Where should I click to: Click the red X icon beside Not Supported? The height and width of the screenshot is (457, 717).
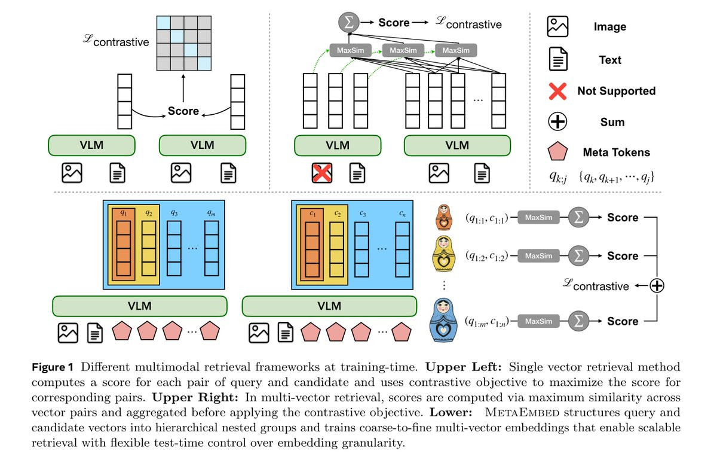coord(557,91)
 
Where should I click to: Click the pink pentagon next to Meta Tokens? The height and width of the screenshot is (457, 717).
coord(557,153)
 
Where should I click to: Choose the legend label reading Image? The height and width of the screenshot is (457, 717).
coord(609,27)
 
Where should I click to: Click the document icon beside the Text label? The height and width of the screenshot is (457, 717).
coord(557,60)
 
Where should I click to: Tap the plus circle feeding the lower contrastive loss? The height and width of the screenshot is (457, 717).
coord(657,286)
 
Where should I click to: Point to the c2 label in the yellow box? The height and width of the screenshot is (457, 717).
coord(338,214)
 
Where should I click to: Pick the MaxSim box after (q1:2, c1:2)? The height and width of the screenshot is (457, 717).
coord(538,256)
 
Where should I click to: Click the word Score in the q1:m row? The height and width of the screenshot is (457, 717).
coord(623,321)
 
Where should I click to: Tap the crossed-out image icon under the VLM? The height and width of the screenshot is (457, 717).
coord(323,173)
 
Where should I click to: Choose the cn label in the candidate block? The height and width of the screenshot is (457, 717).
coord(402,214)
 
